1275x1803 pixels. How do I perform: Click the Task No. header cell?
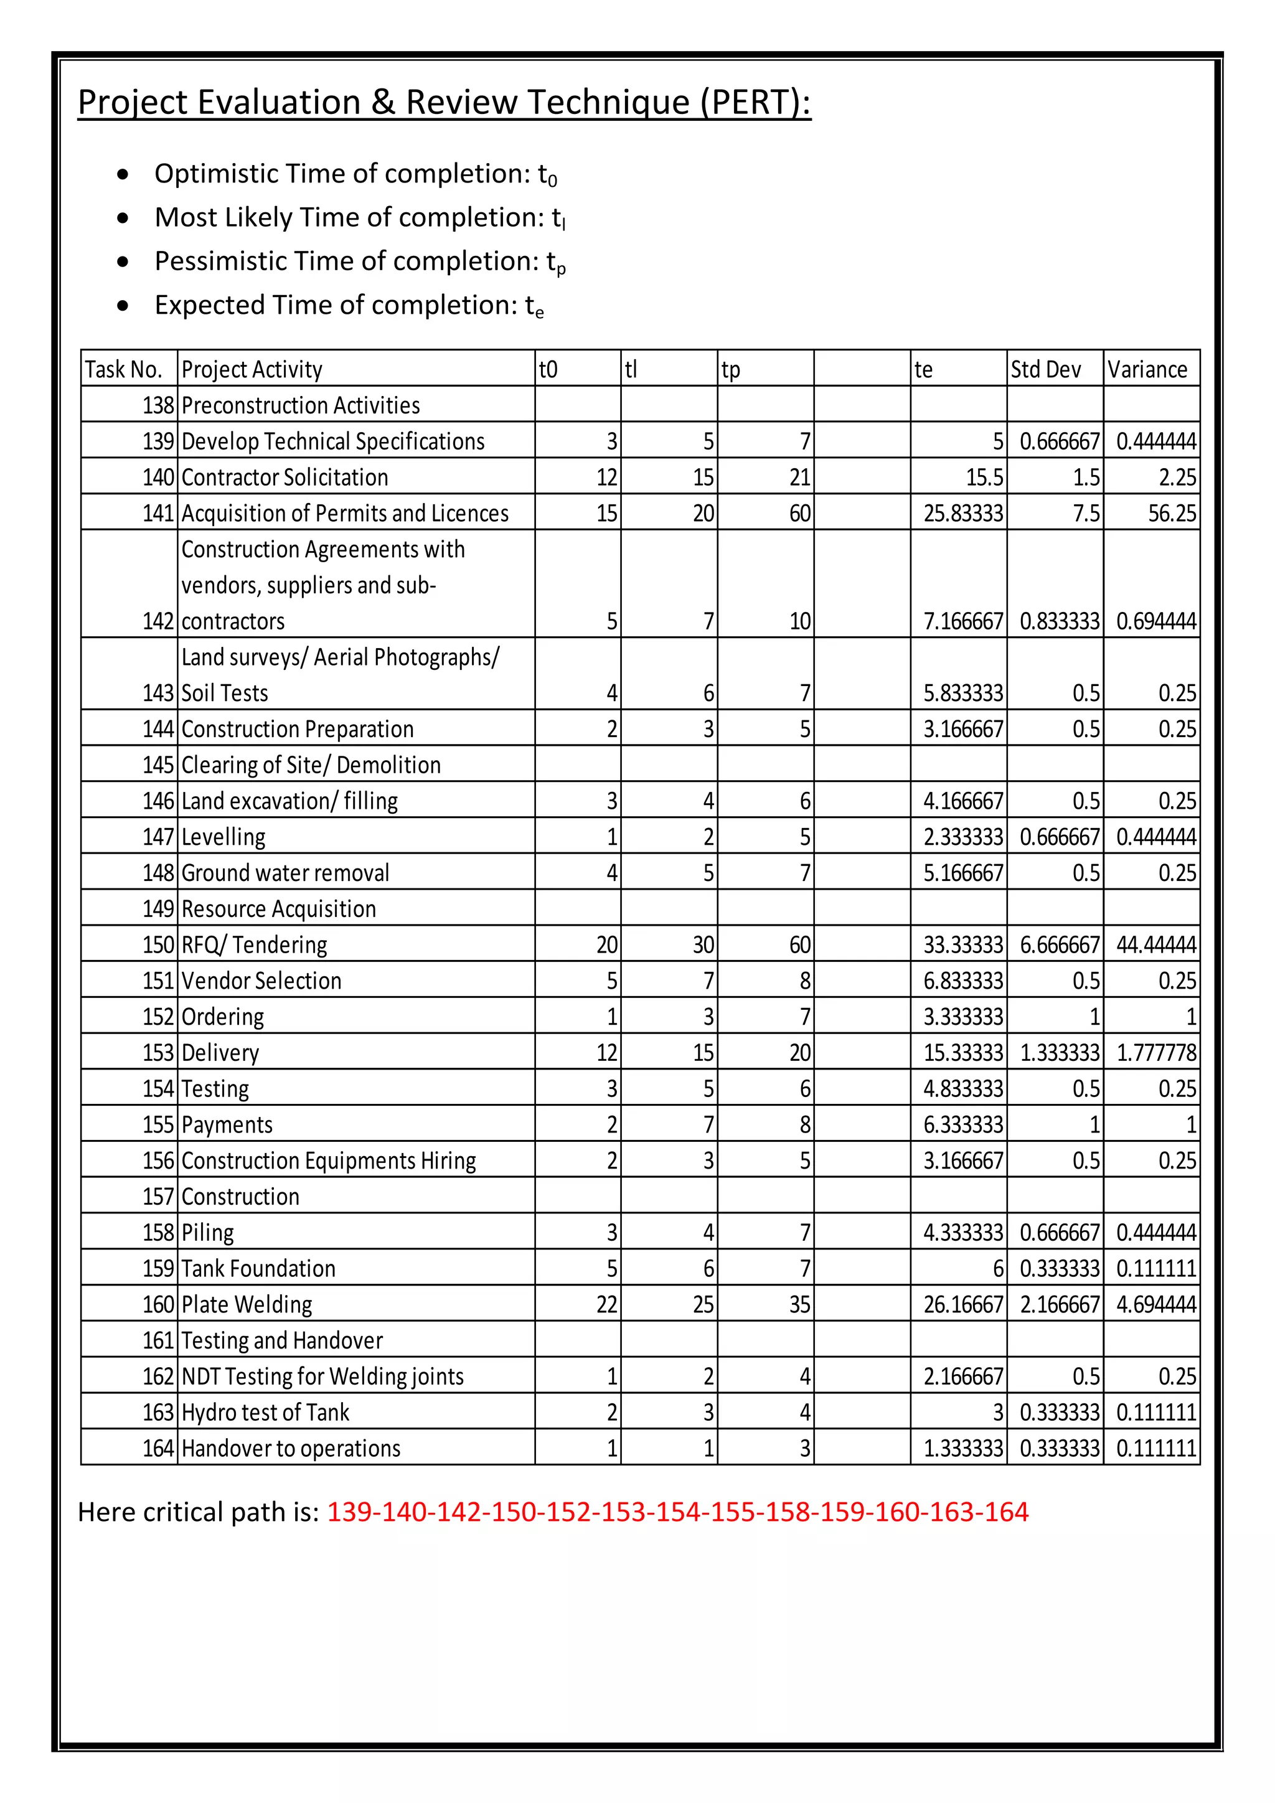[123, 369]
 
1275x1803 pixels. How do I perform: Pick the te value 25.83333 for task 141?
[963, 514]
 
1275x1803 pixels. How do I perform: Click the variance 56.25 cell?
[1172, 514]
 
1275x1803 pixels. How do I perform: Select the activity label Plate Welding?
[247, 1305]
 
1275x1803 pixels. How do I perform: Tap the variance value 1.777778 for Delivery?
[1155, 1053]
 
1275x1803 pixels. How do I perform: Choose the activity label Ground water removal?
[285, 873]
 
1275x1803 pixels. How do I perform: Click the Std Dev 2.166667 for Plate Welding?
[1059, 1305]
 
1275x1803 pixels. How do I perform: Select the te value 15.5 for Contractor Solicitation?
[984, 478]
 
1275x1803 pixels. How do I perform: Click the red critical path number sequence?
[677, 1512]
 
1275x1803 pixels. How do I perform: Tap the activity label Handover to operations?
[291, 1449]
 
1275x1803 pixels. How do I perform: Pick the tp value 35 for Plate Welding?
[799, 1305]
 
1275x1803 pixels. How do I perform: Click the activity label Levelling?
[223, 837]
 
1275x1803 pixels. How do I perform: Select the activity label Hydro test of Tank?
[265, 1413]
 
